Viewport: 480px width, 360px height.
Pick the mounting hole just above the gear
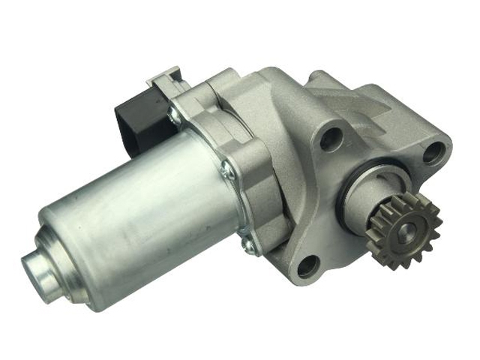[x=433, y=153]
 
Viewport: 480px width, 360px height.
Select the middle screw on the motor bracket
[x=229, y=172]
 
